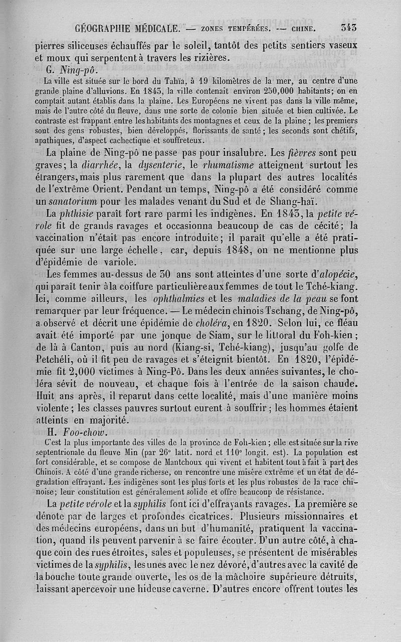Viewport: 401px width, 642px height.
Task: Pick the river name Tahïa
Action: (162, 81)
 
